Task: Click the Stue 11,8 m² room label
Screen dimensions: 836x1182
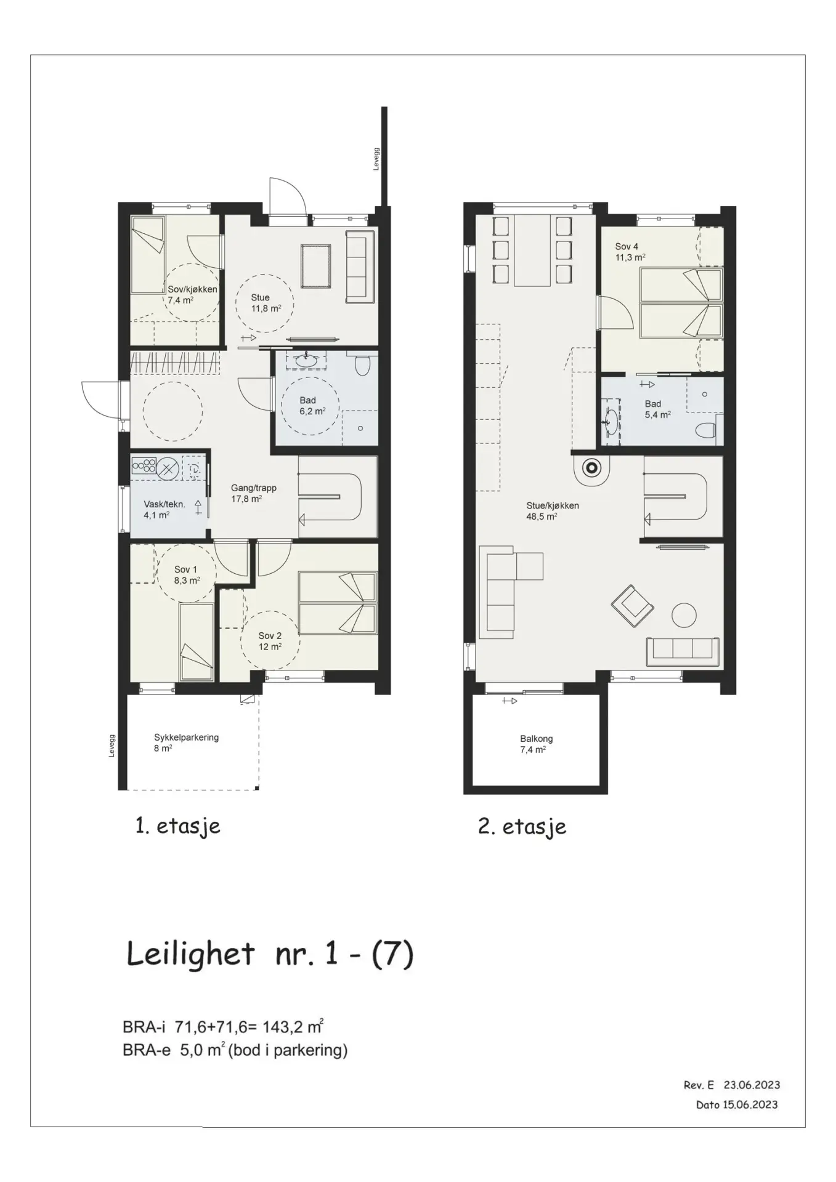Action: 266,303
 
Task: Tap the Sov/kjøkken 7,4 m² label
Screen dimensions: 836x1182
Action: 193,294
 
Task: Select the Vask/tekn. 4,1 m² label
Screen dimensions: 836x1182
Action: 164,509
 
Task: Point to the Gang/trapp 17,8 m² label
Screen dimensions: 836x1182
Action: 254,493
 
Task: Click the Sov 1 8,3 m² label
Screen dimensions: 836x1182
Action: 186,574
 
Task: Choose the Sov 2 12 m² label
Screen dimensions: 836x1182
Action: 270,641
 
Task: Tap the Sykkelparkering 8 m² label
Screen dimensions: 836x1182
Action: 186,742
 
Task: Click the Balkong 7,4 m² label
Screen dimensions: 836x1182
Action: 536,744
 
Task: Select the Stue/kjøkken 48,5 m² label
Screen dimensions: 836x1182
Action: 552,511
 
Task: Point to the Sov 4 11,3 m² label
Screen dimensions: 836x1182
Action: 630,252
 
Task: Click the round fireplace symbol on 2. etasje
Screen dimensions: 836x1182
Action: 591,468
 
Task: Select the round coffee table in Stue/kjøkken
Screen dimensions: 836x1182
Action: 684,614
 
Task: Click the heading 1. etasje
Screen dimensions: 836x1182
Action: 177,826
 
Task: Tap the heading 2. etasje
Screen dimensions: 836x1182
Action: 522,826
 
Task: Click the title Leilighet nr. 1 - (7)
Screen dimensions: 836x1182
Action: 270,954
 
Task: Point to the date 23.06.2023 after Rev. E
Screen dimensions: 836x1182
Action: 752,1085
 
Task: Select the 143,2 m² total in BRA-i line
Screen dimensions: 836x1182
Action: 293,1026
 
